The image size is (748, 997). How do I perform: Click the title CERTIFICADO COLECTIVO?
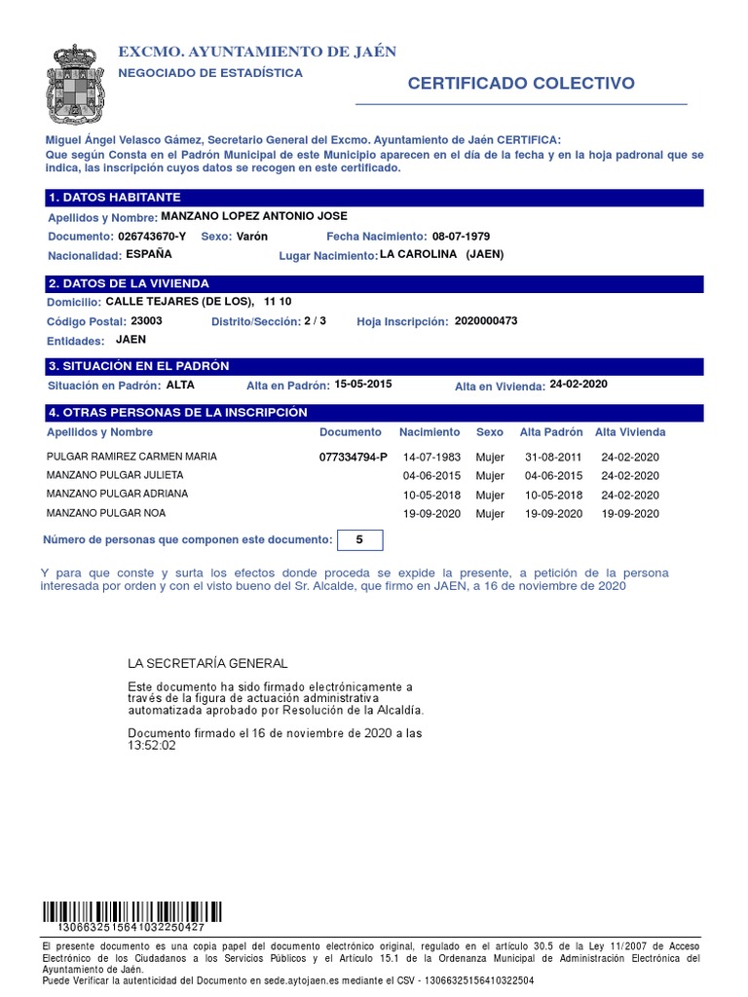click(x=520, y=84)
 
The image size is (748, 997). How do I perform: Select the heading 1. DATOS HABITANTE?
click(x=114, y=198)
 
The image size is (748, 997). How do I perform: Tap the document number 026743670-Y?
click(x=151, y=237)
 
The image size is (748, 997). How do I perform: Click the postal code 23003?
click(x=146, y=321)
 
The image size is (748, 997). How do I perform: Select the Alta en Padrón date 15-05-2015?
click(x=362, y=385)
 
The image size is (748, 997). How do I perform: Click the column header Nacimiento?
click(x=429, y=431)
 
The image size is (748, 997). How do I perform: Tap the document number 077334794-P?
click(x=353, y=457)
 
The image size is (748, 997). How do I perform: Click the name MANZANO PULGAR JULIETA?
click(x=115, y=475)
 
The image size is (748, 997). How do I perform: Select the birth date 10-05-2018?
click(x=431, y=495)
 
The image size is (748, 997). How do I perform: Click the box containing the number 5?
click(x=358, y=539)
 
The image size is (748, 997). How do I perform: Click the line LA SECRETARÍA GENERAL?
click(x=207, y=664)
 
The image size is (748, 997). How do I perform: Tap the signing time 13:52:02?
click(x=152, y=746)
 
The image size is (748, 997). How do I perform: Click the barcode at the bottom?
click(x=132, y=911)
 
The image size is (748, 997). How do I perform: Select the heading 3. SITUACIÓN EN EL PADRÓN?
click(x=137, y=366)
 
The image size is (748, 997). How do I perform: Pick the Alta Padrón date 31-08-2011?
click(x=553, y=457)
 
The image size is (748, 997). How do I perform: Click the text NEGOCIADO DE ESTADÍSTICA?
click(x=209, y=73)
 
